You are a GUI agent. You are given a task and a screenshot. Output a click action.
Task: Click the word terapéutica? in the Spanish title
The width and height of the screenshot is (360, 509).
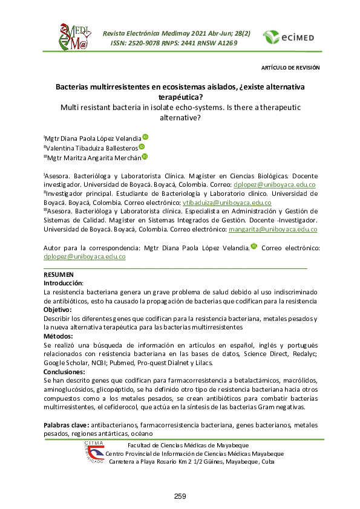[x=180, y=97]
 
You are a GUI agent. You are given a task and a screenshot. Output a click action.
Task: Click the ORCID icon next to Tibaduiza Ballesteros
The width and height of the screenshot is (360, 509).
[x=142, y=146]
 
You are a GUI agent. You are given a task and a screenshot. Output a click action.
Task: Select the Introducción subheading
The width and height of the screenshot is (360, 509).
[x=64, y=283]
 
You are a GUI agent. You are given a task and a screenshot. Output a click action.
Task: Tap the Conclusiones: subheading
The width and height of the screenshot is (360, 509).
[x=67, y=372]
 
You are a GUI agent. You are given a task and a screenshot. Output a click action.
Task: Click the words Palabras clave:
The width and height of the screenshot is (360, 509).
[x=67, y=426]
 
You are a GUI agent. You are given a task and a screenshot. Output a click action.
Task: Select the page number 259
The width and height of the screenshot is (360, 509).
[x=180, y=496]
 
